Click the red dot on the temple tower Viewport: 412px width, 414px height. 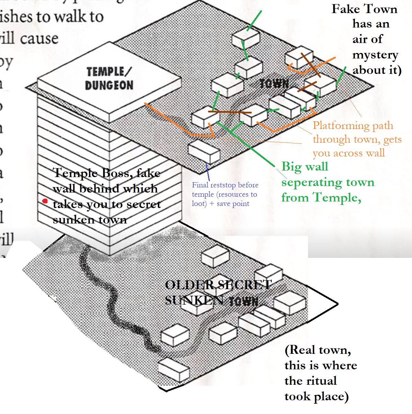tap(45, 201)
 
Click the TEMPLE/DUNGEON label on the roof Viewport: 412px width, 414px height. tap(109, 79)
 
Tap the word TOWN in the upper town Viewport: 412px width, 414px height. tap(274, 84)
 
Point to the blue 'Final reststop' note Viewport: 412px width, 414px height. tap(225, 185)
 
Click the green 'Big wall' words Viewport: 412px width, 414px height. tap(305, 167)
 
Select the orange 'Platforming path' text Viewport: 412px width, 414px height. tap(353, 126)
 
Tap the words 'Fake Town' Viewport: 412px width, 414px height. tap(364, 9)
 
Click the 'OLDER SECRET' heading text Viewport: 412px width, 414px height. tap(218, 285)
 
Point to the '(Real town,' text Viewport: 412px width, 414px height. tap(318, 350)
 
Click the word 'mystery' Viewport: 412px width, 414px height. tap(375, 55)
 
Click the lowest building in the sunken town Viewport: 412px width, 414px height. tap(174, 369)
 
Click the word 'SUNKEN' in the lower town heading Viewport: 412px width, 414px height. tap(194, 301)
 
